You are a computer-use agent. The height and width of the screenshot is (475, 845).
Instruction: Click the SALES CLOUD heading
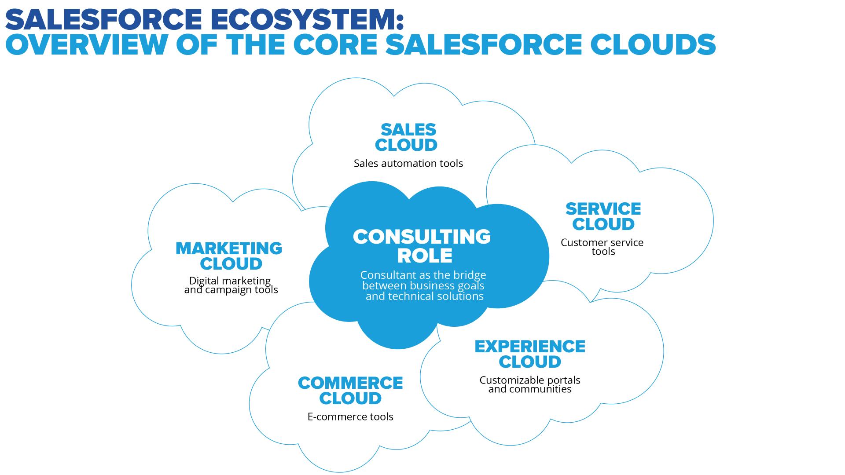[406, 137]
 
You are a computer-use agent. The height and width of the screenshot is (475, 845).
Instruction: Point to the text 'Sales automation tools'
[408, 164]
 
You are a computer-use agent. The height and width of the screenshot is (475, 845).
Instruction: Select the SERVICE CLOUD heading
[603, 216]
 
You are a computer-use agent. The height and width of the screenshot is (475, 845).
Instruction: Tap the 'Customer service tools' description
[602, 247]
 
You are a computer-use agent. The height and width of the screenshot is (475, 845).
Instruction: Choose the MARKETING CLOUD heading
[229, 256]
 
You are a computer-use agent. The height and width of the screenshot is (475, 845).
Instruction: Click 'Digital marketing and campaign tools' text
[231, 285]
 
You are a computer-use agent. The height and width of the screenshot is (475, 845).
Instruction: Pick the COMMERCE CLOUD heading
[350, 391]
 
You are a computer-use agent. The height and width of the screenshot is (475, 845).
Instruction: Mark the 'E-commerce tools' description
[350, 417]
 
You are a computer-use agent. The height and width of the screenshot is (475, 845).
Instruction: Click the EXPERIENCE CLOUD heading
[530, 354]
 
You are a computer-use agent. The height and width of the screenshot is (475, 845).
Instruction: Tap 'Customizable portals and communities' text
[530, 384]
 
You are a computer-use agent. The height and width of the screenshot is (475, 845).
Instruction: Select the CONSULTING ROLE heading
[422, 246]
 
